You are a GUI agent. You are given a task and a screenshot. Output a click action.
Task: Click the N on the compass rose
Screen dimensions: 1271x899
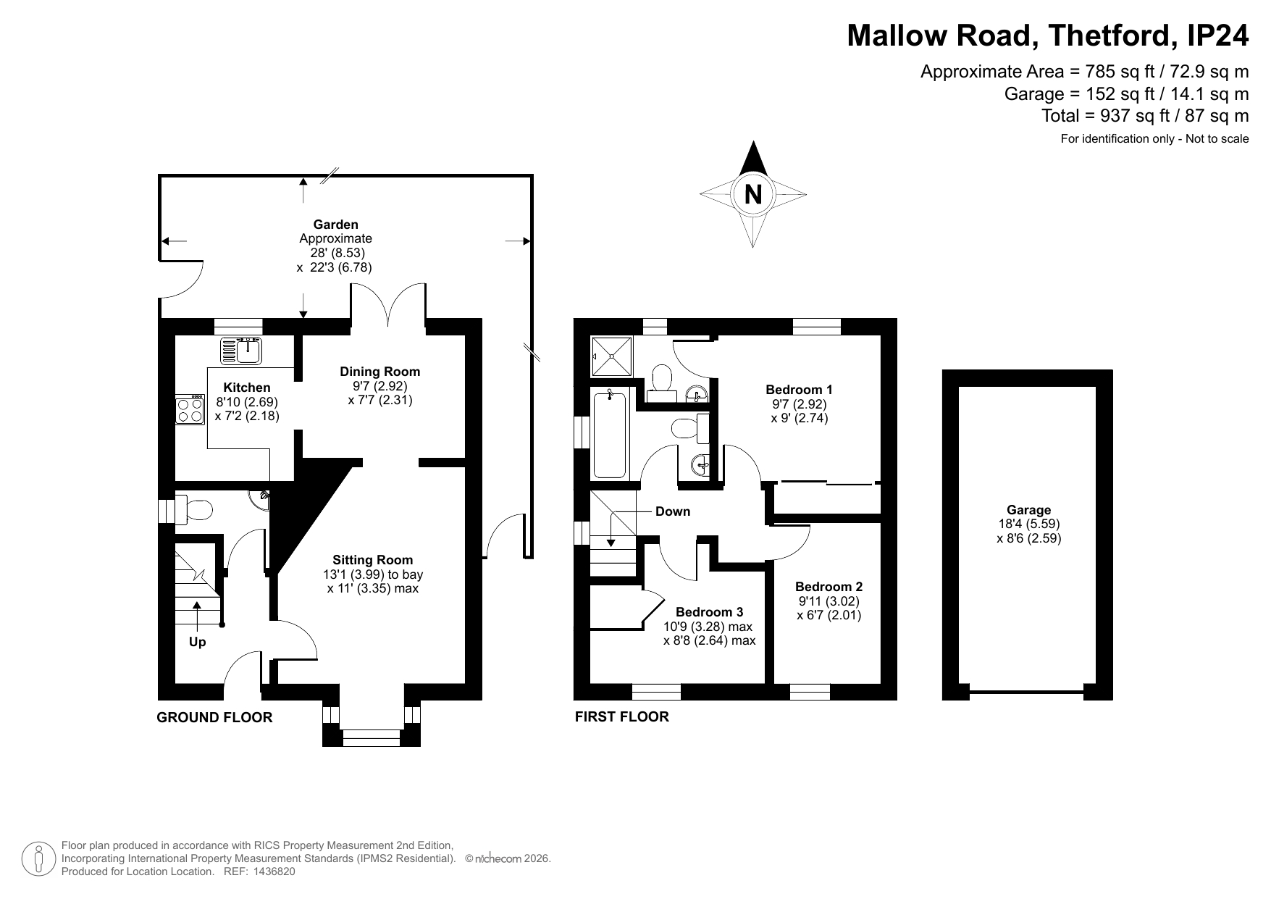(753, 194)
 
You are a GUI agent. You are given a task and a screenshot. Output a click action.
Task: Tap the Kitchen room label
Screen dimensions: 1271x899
(247, 388)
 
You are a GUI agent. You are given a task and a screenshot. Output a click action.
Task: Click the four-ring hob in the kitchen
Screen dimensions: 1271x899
(189, 409)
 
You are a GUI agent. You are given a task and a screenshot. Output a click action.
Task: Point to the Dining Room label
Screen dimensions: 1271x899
(380, 372)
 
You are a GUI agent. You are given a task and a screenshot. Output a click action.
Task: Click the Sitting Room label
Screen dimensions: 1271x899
(373, 560)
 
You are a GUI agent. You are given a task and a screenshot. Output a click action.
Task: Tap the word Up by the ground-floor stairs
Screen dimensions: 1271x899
(197, 642)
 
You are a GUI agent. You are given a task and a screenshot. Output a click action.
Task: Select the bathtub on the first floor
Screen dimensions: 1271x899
(610, 433)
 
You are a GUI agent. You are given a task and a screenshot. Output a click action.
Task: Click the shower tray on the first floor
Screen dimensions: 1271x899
(612, 356)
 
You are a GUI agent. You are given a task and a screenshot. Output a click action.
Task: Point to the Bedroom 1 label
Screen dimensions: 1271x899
(800, 390)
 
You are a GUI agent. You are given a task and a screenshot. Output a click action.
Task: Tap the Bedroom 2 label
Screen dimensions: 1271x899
(829, 587)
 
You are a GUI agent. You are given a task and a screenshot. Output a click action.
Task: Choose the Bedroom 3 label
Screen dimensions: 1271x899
(710, 612)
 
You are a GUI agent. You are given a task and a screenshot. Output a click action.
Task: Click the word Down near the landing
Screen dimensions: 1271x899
(673, 511)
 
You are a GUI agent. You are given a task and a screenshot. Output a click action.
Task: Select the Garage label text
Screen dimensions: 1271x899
(1029, 510)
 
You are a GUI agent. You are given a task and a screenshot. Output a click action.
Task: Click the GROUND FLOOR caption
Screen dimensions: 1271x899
(215, 717)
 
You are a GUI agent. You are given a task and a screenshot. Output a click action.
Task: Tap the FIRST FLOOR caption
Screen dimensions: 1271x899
(622, 716)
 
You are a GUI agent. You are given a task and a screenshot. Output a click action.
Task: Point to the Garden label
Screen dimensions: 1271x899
(336, 225)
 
